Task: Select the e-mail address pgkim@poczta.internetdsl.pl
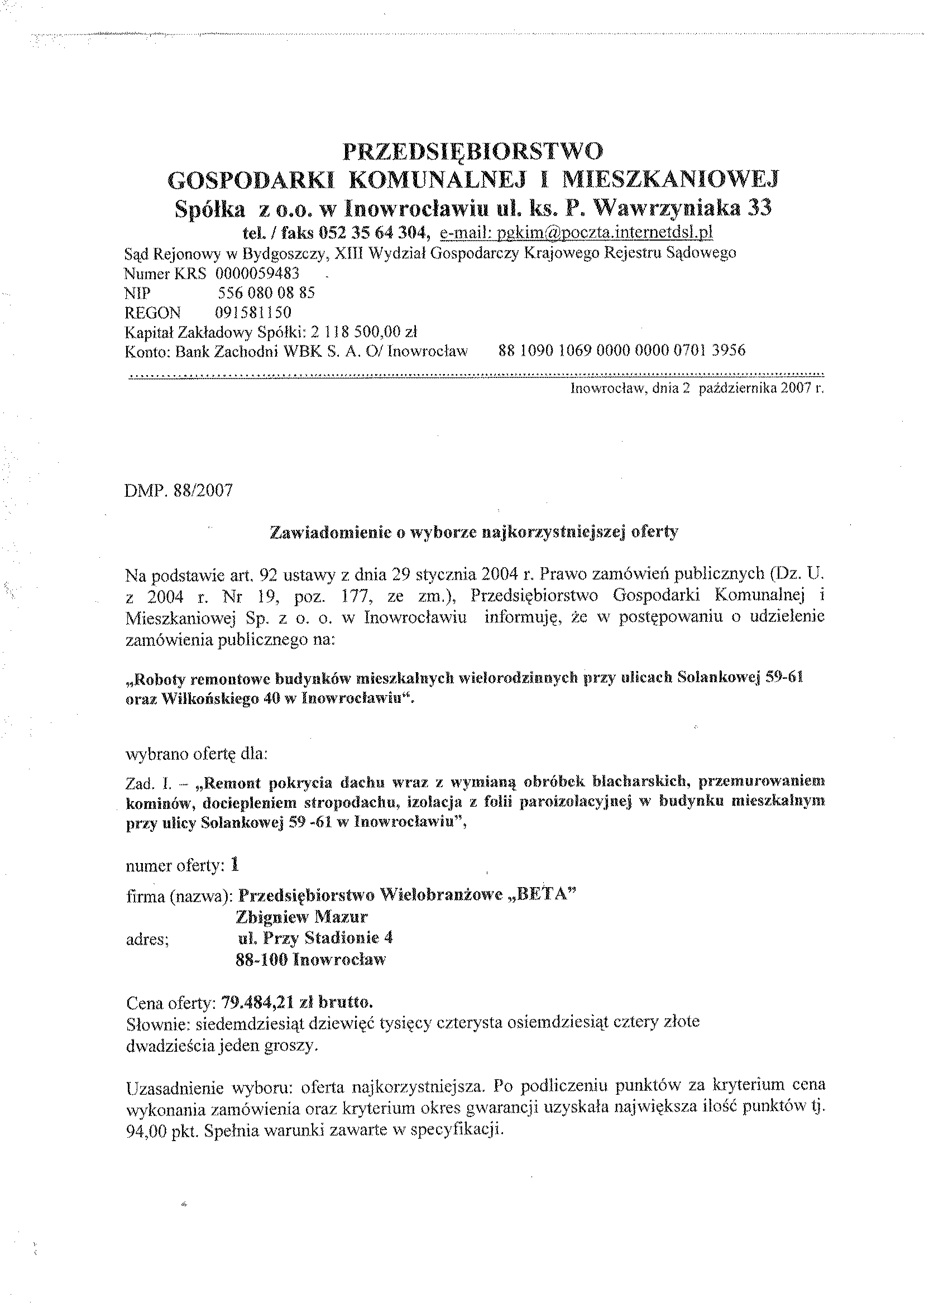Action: pos(576,233)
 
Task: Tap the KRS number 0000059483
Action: pos(257,274)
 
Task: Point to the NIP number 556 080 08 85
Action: pos(266,293)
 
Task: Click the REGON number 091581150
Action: pos(253,312)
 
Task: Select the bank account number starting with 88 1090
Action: pos(622,350)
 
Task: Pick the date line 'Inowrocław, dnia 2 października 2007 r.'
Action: pos(697,389)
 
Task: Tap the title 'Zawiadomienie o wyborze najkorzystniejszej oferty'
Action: pos(473,532)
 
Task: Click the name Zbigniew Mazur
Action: pos(301,917)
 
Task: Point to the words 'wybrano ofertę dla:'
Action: pos(196,754)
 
